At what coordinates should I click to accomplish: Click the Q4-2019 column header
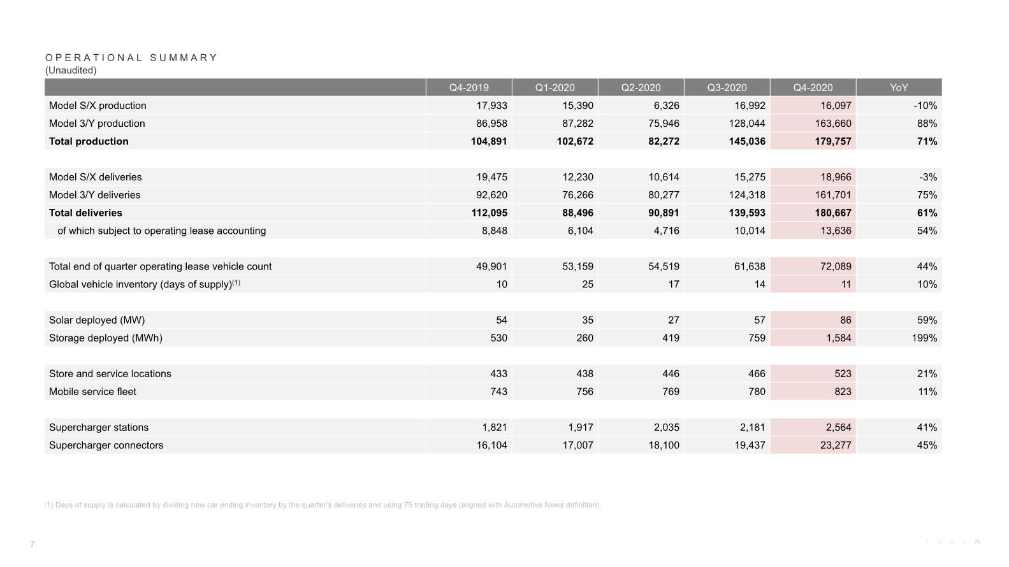(468, 87)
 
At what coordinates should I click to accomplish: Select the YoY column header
(899, 87)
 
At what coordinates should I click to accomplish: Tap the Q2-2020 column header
(641, 87)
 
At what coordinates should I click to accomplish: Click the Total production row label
(89, 141)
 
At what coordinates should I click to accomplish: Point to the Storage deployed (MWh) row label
(106, 338)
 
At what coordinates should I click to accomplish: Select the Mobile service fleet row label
(92, 391)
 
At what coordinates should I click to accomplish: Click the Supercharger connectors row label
(106, 445)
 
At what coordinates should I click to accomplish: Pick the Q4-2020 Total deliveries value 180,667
(833, 213)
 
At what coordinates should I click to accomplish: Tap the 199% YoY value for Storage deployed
(924, 338)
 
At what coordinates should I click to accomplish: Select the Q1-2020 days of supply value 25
(588, 284)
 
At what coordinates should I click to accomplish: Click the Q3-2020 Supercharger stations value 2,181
(752, 427)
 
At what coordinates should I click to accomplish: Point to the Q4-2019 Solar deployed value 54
(502, 320)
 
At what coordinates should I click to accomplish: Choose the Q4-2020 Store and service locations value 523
(843, 374)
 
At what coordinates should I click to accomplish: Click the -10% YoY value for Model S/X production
(926, 105)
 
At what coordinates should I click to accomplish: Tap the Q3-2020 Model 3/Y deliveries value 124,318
(747, 195)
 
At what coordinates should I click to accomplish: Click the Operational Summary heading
(131, 57)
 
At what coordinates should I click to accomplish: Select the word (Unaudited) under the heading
(71, 70)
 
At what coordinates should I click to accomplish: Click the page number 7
(33, 544)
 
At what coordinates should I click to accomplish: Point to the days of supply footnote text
(323, 505)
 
